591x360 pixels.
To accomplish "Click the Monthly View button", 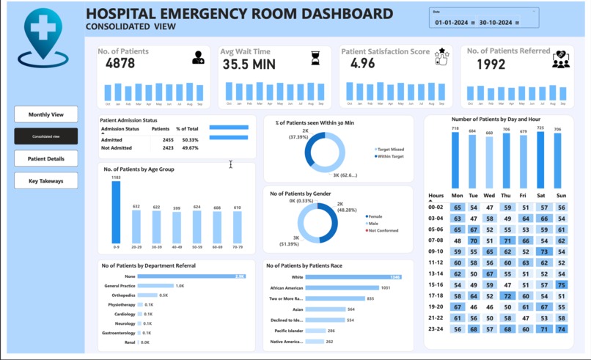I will (x=45, y=114).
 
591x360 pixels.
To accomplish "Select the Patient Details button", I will (x=45, y=158).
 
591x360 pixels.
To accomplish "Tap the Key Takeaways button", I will (x=45, y=180).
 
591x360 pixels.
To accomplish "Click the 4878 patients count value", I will (x=120, y=64).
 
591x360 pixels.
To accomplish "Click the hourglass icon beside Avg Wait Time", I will (x=315, y=57).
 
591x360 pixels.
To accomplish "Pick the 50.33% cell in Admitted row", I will (x=190, y=139).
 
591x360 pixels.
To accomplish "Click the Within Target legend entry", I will (x=390, y=156).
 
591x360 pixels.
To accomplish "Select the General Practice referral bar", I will (x=155, y=286).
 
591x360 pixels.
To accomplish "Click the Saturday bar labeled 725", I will (x=540, y=160).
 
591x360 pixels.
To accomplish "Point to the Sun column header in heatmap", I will (x=561, y=196).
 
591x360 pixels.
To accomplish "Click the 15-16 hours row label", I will (x=436, y=285).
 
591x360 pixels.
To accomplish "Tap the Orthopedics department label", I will (x=120, y=295).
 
